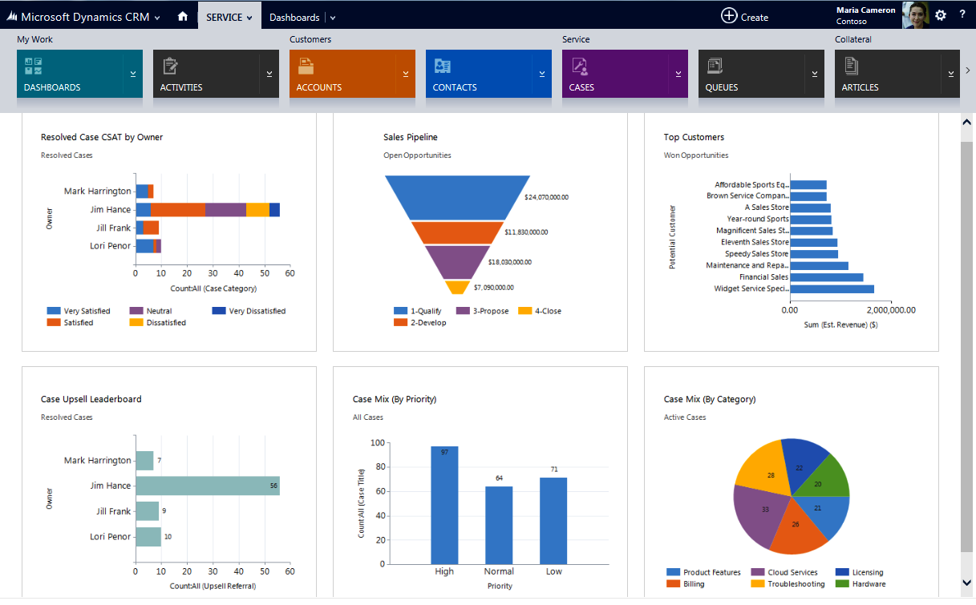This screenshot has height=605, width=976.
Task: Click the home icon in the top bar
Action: [x=183, y=16]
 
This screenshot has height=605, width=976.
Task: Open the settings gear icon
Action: [x=941, y=15]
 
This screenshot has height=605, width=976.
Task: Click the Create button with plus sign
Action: [x=744, y=16]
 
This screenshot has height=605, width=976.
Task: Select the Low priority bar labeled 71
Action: [x=553, y=521]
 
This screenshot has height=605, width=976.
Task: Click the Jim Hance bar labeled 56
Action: [x=207, y=486]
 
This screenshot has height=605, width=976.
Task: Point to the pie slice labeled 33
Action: [x=762, y=513]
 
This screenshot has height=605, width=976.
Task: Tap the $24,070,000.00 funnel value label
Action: [x=546, y=196]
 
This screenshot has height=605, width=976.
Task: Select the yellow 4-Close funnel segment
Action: [x=456, y=287]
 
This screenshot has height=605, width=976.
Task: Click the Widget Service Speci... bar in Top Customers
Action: [x=832, y=288]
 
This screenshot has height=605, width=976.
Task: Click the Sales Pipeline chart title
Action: [x=411, y=137]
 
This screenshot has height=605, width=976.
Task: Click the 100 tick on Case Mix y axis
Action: [x=377, y=442]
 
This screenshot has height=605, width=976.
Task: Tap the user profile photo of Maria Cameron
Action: [x=915, y=15]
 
